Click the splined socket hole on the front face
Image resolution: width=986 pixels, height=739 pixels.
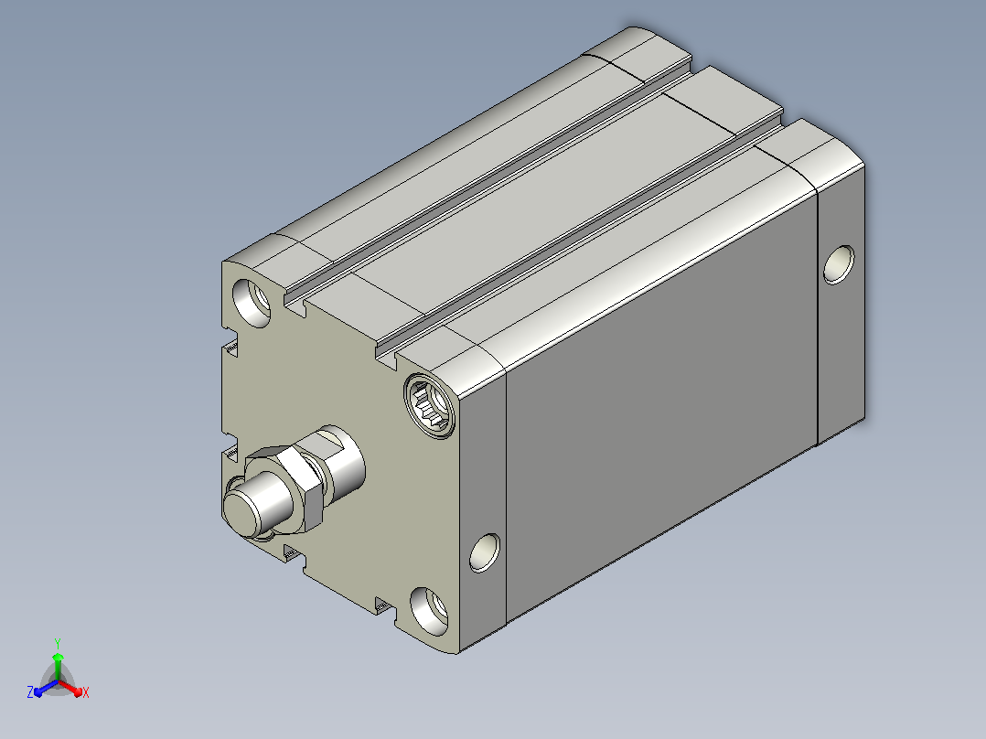click(430, 405)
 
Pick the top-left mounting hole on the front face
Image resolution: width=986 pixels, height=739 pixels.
click(252, 303)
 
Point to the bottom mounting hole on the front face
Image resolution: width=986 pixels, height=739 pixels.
click(430, 611)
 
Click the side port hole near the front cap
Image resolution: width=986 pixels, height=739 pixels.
click(485, 552)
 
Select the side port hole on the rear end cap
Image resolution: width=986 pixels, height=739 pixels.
click(839, 265)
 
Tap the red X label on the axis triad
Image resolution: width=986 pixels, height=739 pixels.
click(86, 692)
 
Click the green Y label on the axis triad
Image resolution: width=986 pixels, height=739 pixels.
click(58, 643)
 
